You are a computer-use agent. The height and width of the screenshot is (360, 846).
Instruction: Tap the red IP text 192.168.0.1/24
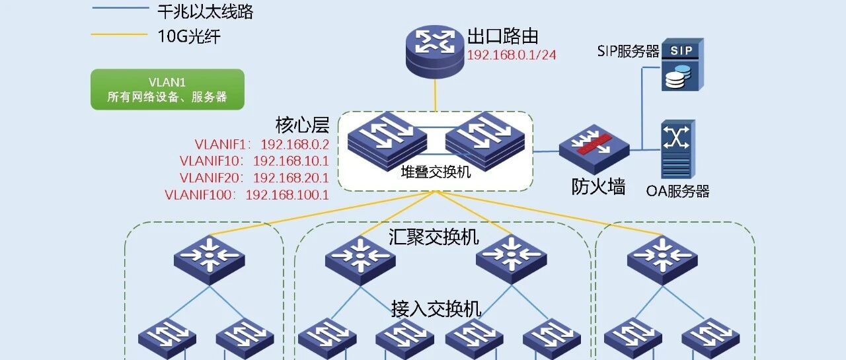512,55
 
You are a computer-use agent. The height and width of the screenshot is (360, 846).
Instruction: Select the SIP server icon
683,65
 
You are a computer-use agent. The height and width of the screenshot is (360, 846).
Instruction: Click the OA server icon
678,149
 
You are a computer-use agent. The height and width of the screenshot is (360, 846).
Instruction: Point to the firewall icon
594,149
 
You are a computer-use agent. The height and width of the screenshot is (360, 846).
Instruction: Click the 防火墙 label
598,187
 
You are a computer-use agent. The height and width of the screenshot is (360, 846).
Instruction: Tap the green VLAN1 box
167,89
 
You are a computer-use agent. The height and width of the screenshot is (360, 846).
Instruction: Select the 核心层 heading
302,125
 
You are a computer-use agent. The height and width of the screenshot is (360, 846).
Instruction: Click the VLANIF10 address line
254,161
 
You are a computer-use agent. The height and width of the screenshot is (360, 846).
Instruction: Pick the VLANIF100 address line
247,195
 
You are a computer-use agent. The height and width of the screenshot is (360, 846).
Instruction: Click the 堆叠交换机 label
436,172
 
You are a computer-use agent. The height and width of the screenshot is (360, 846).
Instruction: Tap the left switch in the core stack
387,141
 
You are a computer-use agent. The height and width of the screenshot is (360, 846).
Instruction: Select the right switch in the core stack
485,141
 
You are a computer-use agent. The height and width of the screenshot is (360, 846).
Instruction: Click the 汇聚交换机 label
434,237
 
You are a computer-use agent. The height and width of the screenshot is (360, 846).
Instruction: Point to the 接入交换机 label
436,309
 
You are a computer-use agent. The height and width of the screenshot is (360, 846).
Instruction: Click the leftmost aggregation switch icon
210,260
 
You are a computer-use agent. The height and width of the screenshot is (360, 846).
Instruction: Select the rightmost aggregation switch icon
662,260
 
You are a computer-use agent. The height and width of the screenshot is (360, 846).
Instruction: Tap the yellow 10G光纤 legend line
120,35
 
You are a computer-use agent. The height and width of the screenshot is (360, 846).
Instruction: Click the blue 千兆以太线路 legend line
121,7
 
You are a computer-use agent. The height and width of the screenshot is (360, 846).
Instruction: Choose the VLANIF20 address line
254,178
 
